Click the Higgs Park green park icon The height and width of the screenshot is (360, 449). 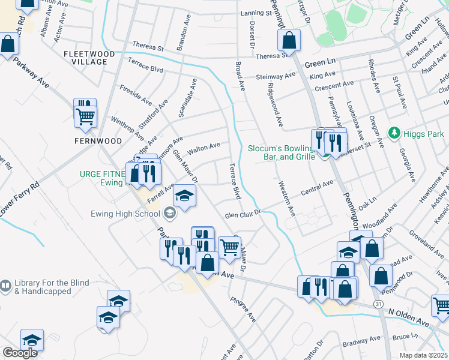point(394,132)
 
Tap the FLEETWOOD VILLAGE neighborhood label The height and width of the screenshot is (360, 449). point(89,58)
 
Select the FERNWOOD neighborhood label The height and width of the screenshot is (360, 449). point(98,141)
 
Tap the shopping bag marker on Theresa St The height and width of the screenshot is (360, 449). point(289,41)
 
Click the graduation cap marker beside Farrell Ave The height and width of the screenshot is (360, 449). point(185,196)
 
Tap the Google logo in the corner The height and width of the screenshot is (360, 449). point(20,353)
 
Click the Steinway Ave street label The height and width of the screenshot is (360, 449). point(276,76)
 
